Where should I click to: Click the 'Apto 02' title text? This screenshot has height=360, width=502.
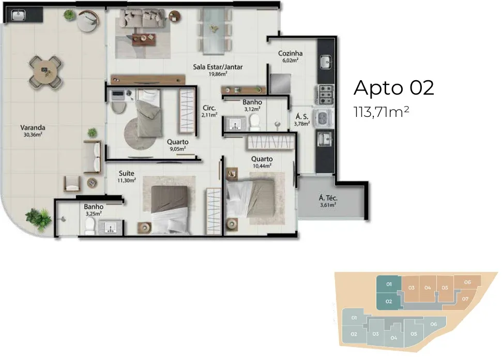(393, 88)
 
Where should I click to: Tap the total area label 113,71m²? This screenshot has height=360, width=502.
(382, 112)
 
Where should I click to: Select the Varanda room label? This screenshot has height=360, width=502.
(33, 127)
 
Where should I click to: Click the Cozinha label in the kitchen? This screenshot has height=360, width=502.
(290, 53)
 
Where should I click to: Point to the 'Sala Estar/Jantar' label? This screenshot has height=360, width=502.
(218, 67)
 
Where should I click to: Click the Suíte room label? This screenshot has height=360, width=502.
(127, 173)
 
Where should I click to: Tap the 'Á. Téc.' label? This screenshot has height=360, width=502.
(328, 198)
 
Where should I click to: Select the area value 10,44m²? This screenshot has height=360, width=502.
(262, 166)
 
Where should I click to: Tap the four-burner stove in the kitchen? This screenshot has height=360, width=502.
(325, 95)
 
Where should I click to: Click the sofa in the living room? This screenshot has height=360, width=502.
(143, 19)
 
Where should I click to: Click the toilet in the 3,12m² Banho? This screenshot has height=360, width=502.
(255, 123)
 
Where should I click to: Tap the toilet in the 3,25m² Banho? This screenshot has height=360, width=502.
(90, 227)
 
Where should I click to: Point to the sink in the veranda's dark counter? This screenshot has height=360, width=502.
(19, 15)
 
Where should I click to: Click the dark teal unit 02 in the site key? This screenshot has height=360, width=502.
(389, 301)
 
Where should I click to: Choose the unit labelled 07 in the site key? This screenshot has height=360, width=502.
(465, 299)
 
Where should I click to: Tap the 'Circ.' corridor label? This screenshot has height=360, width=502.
(209, 108)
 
